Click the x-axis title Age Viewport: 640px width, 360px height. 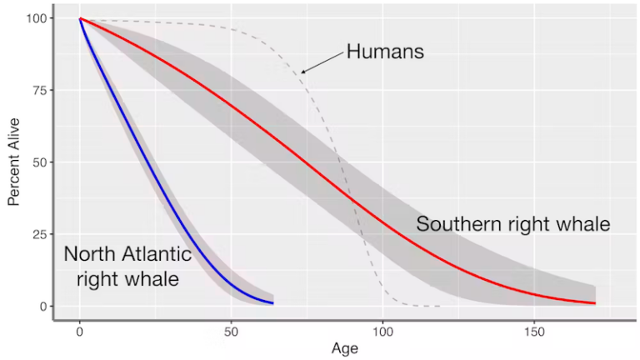344,349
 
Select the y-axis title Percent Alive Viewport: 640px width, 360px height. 14,162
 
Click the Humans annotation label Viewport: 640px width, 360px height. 386,52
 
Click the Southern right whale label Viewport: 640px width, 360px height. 513,224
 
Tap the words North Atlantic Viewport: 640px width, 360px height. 127,253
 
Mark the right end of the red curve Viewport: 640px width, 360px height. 595,303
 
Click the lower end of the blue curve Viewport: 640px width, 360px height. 272,302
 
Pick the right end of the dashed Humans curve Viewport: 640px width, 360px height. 439,307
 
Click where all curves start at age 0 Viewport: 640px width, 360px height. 80,18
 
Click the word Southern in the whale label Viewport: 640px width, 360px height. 456,224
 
